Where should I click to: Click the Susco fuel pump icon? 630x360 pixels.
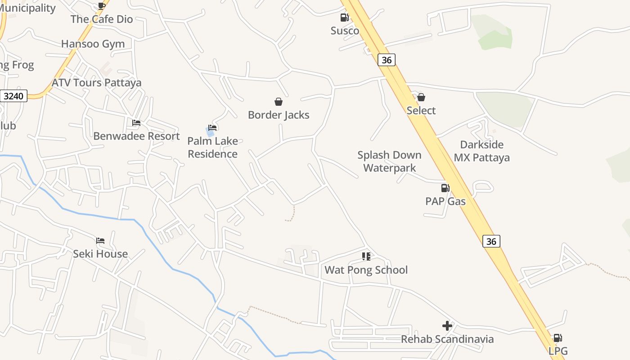(x=344, y=18)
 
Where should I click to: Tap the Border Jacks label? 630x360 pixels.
(x=279, y=115)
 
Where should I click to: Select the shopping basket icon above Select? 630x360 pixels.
(x=421, y=97)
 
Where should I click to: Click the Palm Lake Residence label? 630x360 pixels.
(x=212, y=148)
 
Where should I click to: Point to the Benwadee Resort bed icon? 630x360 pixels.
(x=136, y=122)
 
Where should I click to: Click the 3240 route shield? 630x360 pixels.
(x=14, y=96)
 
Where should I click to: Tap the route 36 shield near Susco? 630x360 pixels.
(x=386, y=60)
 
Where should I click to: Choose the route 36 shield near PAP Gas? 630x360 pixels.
(x=491, y=241)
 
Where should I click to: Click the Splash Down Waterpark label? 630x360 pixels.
(x=389, y=162)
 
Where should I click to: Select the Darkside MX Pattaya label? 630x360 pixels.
(x=481, y=151)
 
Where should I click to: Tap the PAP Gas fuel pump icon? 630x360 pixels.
(x=445, y=188)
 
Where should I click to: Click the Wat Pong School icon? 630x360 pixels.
(x=366, y=256)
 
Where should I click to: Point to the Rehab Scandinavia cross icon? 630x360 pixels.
(x=447, y=326)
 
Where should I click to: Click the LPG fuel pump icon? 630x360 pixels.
(x=558, y=338)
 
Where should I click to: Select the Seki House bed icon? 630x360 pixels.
(x=100, y=241)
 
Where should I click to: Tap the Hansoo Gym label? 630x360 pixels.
(x=93, y=44)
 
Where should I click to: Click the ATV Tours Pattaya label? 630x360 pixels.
(x=96, y=83)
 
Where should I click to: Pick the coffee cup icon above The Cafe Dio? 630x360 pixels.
(x=102, y=6)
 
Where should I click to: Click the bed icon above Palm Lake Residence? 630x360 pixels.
(x=213, y=128)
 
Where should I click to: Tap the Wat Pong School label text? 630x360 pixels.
(x=366, y=270)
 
